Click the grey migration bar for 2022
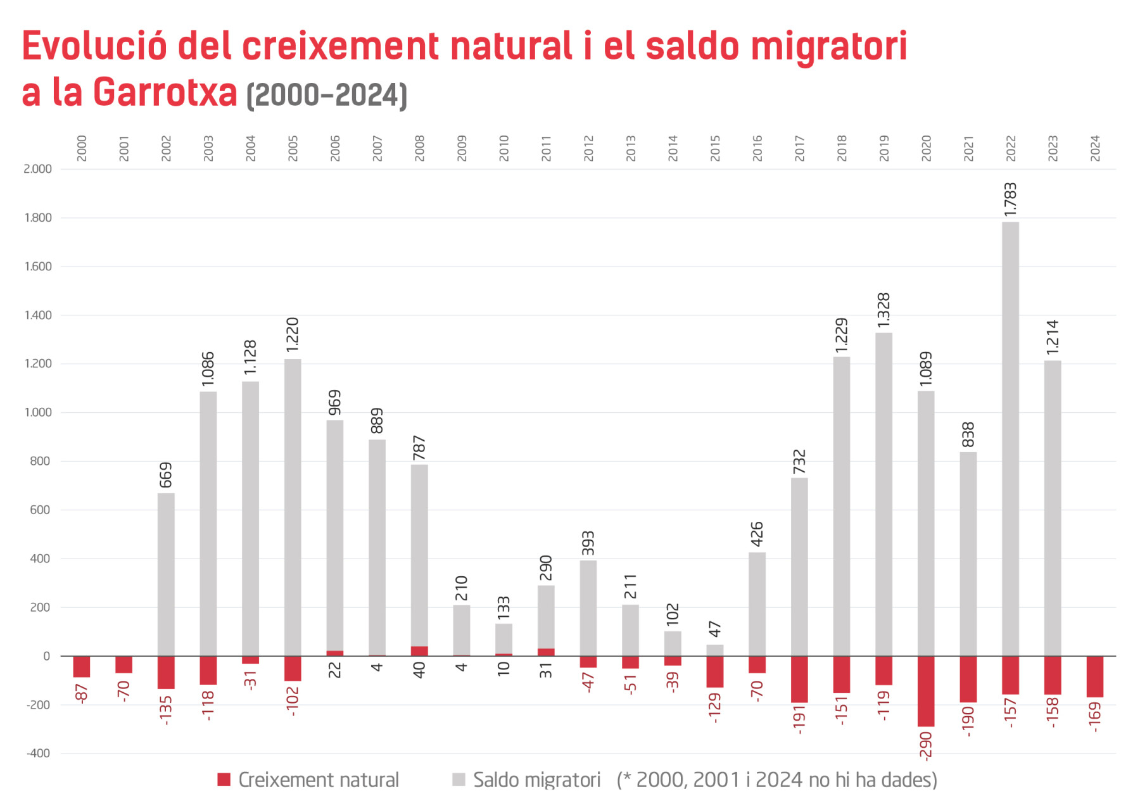[1010, 437]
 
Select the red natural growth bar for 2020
[926, 691]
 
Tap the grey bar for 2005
[293, 507]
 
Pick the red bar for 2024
[1094, 676]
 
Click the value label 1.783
[1010, 199]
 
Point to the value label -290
[926, 745]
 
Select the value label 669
[166, 475]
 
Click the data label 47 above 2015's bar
[715, 629]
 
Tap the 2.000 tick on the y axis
[37, 169]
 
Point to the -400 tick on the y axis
[38, 754]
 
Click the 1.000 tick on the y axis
[37, 412]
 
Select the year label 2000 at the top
[82, 148]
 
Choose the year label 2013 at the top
[631, 148]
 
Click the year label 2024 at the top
[1095, 148]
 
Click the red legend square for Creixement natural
[224, 780]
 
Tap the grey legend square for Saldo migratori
[459, 780]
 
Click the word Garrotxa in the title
[165, 92]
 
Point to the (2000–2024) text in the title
[326, 96]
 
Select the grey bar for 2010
[503, 638]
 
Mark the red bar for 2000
[82, 667]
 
